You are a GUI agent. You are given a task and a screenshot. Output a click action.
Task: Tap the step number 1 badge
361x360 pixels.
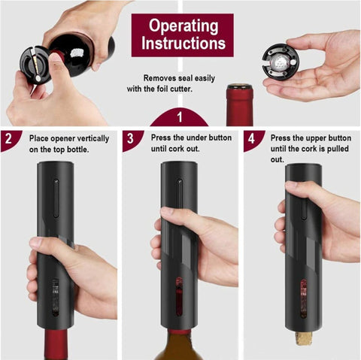click(180, 118)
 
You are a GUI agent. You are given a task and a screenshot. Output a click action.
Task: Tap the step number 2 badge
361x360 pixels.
click(8, 140)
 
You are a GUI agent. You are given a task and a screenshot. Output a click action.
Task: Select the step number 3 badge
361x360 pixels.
click(130, 140)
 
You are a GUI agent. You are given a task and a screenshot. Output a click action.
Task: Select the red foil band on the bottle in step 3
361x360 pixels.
click(179, 331)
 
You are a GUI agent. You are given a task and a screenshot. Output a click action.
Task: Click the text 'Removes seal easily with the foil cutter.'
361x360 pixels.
click(180, 83)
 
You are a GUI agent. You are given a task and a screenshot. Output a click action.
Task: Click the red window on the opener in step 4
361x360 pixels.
click(303, 296)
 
